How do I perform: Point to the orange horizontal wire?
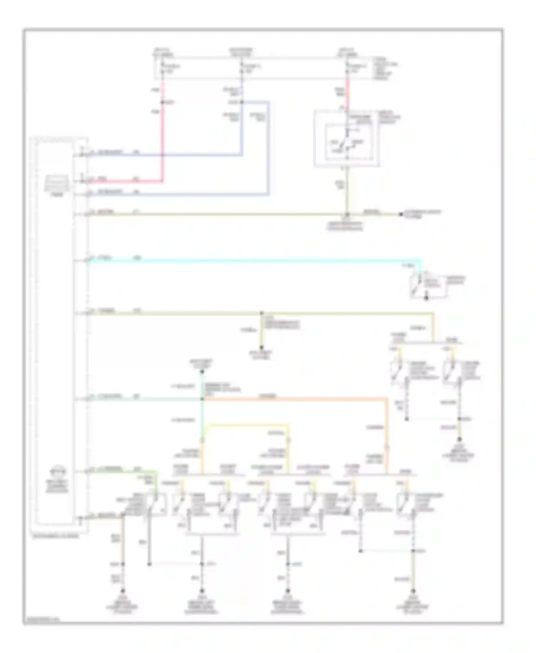tap(293, 399)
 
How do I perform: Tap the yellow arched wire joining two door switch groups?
tap(247, 425)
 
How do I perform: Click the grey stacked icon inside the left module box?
tap(56, 183)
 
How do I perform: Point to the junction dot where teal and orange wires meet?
tap(202, 399)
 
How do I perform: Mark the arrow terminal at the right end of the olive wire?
tap(401, 214)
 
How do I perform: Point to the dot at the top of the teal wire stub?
tap(202, 372)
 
